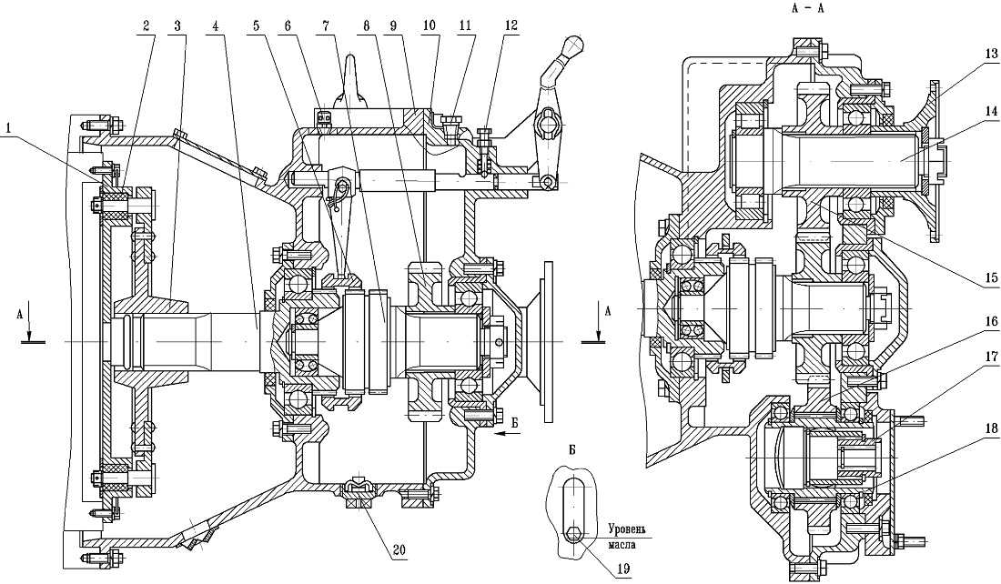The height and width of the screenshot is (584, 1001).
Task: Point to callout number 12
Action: (511, 25)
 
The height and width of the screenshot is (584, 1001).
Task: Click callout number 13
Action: (991, 55)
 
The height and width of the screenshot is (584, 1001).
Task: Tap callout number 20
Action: (399, 549)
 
